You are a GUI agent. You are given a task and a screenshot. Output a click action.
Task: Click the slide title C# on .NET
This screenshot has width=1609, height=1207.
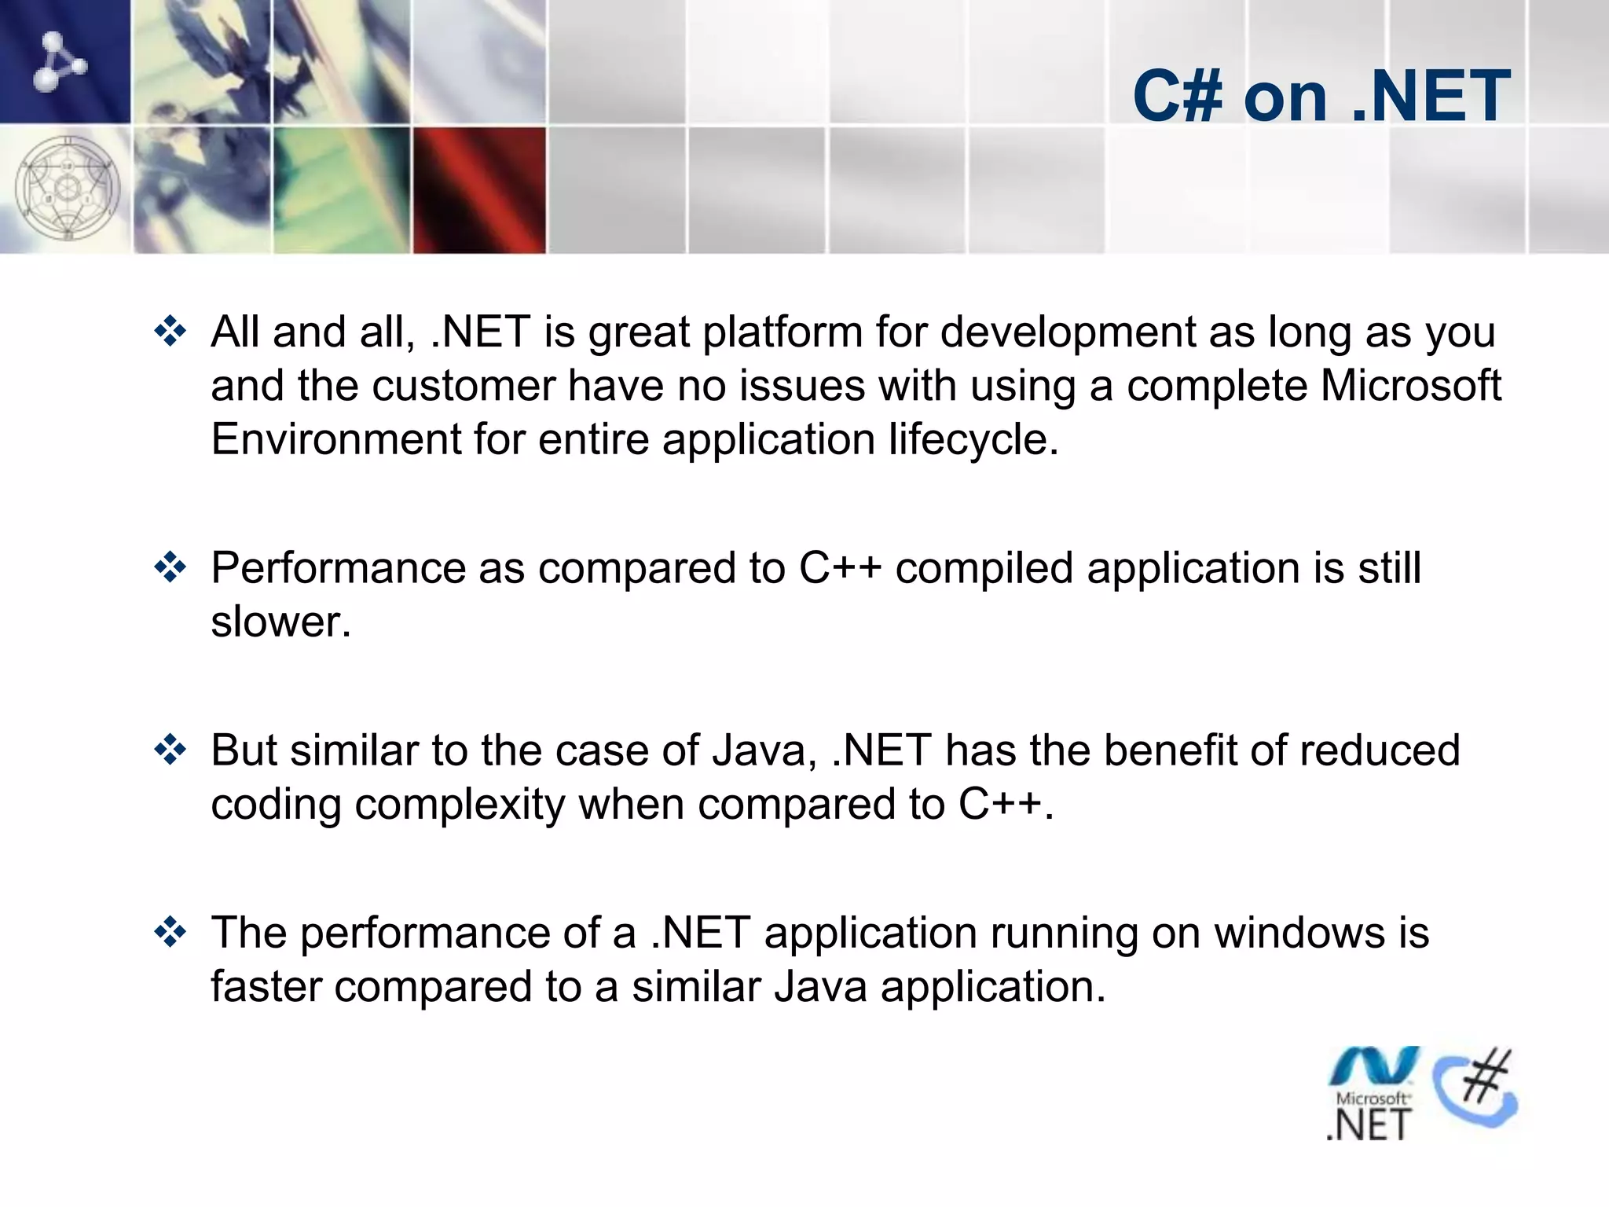tap(1321, 96)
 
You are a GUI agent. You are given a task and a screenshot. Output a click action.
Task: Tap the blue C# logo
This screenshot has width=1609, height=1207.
tap(1475, 1088)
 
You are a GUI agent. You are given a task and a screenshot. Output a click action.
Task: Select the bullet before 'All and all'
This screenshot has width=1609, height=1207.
tap(170, 332)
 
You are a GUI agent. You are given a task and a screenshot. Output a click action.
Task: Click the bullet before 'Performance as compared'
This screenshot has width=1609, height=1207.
tap(170, 567)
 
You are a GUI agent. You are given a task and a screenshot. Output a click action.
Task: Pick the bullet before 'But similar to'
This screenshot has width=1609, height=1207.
tap(170, 750)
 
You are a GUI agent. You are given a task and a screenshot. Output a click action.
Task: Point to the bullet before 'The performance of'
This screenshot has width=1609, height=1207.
tap(170, 933)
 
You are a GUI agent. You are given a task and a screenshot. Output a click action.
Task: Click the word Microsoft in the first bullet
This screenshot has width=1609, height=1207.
tap(1410, 385)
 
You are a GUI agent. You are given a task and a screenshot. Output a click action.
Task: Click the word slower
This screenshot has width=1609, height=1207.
tap(280, 622)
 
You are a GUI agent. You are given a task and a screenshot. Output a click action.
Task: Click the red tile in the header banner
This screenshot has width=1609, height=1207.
tap(479, 189)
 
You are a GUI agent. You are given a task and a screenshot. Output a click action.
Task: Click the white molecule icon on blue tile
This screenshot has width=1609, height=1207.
tap(60, 61)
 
